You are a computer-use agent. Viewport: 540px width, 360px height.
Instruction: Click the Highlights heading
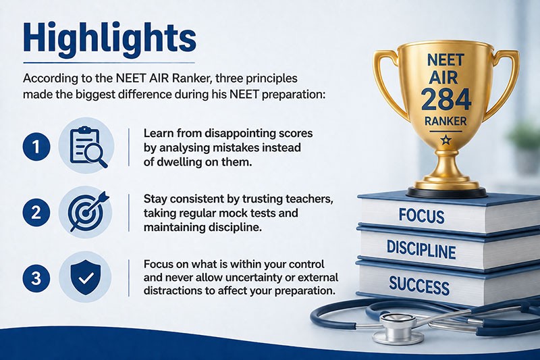coord(109,38)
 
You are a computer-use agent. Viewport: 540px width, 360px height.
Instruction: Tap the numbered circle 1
coord(36,147)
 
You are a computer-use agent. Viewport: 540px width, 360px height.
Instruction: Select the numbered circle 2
coord(36,213)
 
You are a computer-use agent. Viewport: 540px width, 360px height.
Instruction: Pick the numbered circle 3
coord(36,278)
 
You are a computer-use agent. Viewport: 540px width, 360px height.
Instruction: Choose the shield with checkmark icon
coord(86,278)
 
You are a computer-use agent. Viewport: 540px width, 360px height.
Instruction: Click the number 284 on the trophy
coord(446,99)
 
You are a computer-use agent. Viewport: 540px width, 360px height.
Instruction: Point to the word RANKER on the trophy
coord(446,121)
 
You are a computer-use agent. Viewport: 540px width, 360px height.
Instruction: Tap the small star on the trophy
coord(446,140)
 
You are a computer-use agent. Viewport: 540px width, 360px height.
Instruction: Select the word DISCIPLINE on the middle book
coord(421,249)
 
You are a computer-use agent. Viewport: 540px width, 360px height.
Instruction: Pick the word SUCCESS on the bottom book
coord(419,286)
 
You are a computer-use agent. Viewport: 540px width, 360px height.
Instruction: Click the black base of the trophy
coord(447,192)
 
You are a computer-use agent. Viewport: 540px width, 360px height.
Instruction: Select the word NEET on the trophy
coord(446,60)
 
